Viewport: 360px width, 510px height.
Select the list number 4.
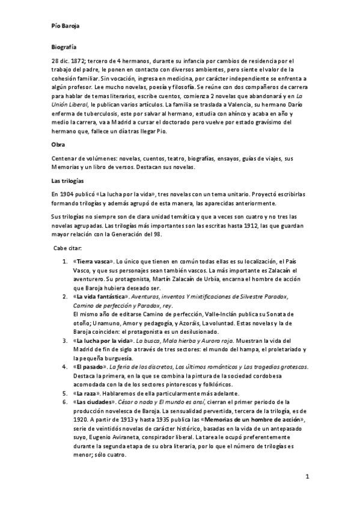pyautogui.click(x=65, y=366)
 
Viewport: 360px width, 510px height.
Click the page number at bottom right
pyautogui.click(x=307, y=478)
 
